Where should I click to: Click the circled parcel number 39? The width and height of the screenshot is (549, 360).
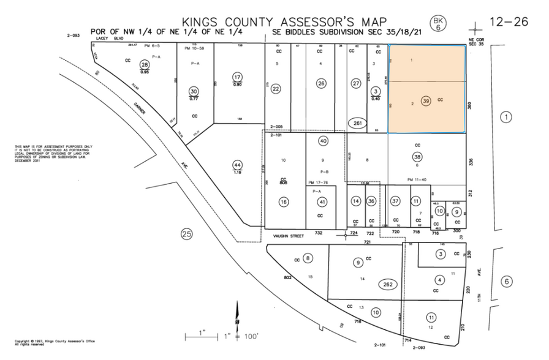point(426,100)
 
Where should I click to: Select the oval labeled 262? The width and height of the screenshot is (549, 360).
point(387,284)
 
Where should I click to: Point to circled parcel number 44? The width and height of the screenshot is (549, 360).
point(238,165)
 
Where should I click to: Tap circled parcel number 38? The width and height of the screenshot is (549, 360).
point(417,156)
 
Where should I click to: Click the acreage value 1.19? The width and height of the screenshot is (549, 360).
point(238,173)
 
